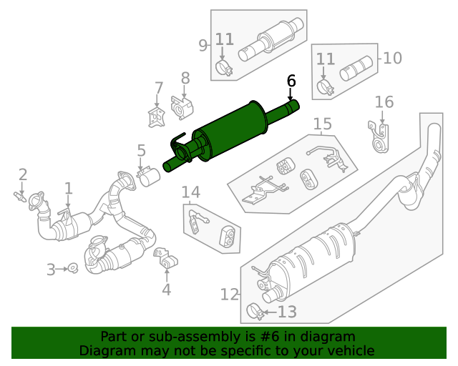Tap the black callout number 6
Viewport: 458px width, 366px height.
pyautogui.click(x=291, y=81)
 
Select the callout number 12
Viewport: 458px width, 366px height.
pyautogui.click(x=229, y=294)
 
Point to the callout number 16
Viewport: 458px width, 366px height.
pyautogui.click(x=384, y=102)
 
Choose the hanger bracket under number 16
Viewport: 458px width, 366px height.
pyautogui.click(x=380, y=137)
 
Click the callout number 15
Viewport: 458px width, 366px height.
pyautogui.click(x=322, y=124)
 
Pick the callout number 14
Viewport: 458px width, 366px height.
pyautogui.click(x=190, y=192)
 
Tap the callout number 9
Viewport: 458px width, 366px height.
pyautogui.click(x=203, y=45)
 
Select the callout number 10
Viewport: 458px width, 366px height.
pyautogui.click(x=392, y=58)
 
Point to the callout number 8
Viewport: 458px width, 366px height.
pyautogui.click(x=185, y=77)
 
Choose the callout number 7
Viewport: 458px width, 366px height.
pyautogui.click(x=159, y=89)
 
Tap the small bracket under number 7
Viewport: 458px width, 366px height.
pyautogui.click(x=155, y=117)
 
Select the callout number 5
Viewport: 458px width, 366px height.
pyautogui.click(x=141, y=150)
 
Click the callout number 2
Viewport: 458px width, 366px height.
pyautogui.click(x=23, y=174)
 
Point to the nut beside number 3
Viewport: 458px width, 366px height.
pyautogui.click(x=73, y=268)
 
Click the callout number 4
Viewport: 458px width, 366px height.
pyautogui.click(x=166, y=290)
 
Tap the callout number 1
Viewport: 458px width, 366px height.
pyautogui.click(x=69, y=189)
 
